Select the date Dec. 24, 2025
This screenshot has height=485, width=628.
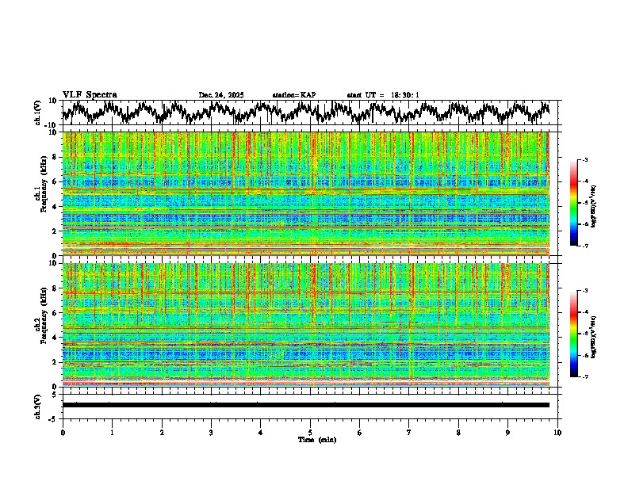221,95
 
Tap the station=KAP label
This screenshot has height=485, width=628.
294,95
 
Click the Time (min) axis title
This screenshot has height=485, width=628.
316,439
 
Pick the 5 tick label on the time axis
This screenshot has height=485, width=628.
310,432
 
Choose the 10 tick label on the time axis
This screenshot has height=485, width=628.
557,432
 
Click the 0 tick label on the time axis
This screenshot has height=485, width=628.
63,432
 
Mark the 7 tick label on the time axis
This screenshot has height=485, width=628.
409,432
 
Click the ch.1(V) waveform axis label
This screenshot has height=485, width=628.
38,113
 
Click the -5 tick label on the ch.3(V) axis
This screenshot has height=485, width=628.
54,417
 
